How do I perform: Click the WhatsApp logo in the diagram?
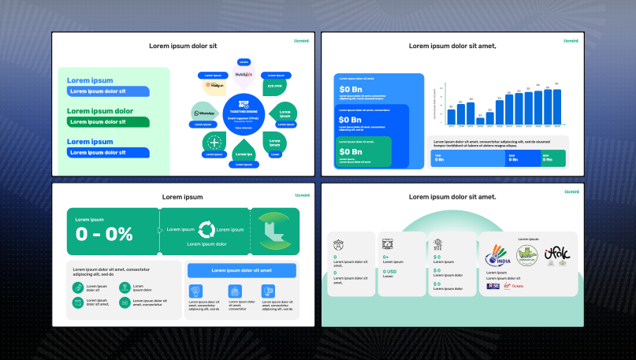[x=205, y=113]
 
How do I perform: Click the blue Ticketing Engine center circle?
[x=243, y=114]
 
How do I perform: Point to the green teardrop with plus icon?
[x=214, y=143]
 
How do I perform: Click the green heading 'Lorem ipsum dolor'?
[x=100, y=111]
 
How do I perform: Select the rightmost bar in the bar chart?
[x=556, y=106]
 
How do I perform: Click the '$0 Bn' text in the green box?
[x=351, y=151]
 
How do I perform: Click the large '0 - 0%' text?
[x=104, y=234]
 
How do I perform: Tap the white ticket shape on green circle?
[x=273, y=231]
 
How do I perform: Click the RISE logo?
[x=493, y=286]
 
